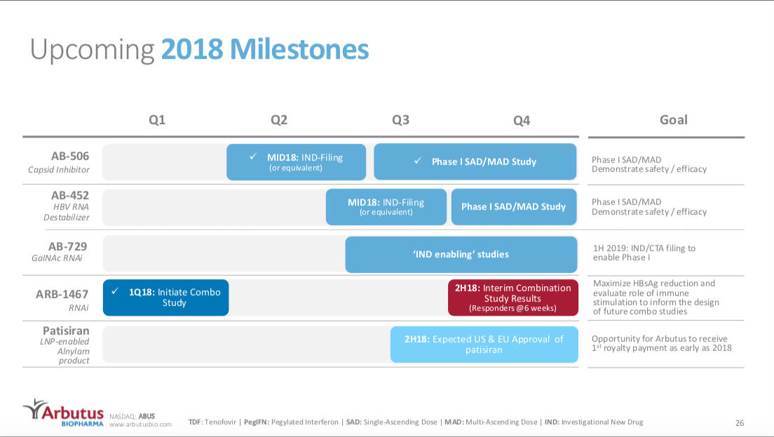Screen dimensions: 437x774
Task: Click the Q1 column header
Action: tap(157, 120)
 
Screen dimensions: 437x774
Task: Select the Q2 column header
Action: tap(279, 120)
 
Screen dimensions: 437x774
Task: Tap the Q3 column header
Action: tap(400, 120)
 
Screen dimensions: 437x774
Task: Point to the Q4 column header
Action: tap(522, 120)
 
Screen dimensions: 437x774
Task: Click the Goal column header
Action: tap(673, 120)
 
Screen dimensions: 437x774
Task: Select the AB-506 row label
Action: tap(70, 156)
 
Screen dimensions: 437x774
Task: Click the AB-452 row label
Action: tap(70, 195)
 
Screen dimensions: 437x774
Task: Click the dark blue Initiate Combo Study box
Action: tap(165, 297)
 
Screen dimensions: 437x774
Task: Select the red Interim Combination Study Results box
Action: tap(512, 297)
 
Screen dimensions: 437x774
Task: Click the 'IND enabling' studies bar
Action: tap(461, 254)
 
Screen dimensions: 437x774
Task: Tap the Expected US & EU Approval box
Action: tap(484, 344)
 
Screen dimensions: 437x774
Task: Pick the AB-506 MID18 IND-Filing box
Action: tap(296, 162)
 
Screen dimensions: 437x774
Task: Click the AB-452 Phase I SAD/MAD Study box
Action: tap(513, 206)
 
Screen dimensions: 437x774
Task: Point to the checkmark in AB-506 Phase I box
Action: tap(418, 161)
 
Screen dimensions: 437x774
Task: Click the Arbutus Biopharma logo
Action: tap(63, 414)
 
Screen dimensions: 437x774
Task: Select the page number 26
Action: tap(739, 423)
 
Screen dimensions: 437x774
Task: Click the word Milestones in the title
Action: tap(299, 50)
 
